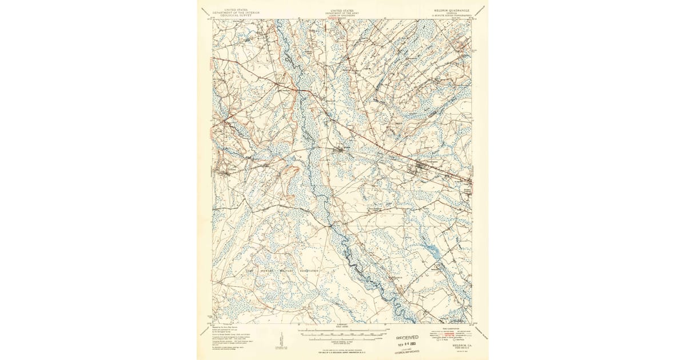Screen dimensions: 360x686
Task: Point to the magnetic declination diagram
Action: pos(281,341)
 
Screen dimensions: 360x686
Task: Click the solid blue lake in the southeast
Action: pos(433,250)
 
